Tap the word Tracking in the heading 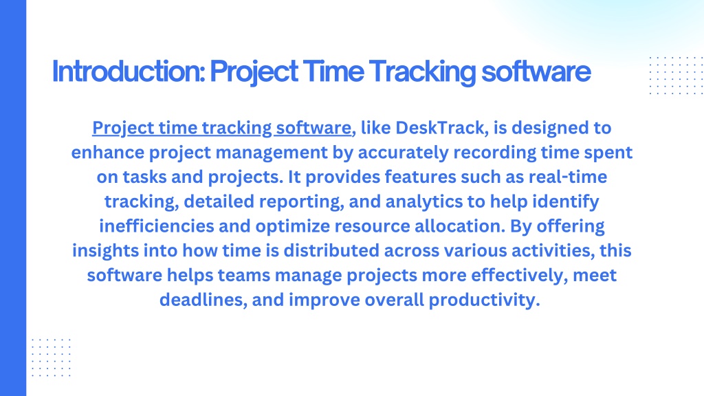pyautogui.click(x=423, y=72)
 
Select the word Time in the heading pyautogui.click(x=333, y=71)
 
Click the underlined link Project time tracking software pyautogui.click(x=222, y=129)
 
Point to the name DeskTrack pyautogui.click(x=439, y=128)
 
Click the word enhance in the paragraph pyautogui.click(x=108, y=153)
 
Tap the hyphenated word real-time pyautogui.click(x=567, y=177)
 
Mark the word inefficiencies pyautogui.click(x=157, y=225)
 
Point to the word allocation pyautogui.click(x=460, y=225)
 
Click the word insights pyautogui.click(x=105, y=251)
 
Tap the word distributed pyautogui.click(x=331, y=250)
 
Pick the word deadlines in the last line pyautogui.click(x=203, y=300)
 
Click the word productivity pyautogui.click(x=484, y=300)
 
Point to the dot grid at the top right pyautogui.click(x=676, y=76)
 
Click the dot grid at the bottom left pyautogui.click(x=51, y=357)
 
